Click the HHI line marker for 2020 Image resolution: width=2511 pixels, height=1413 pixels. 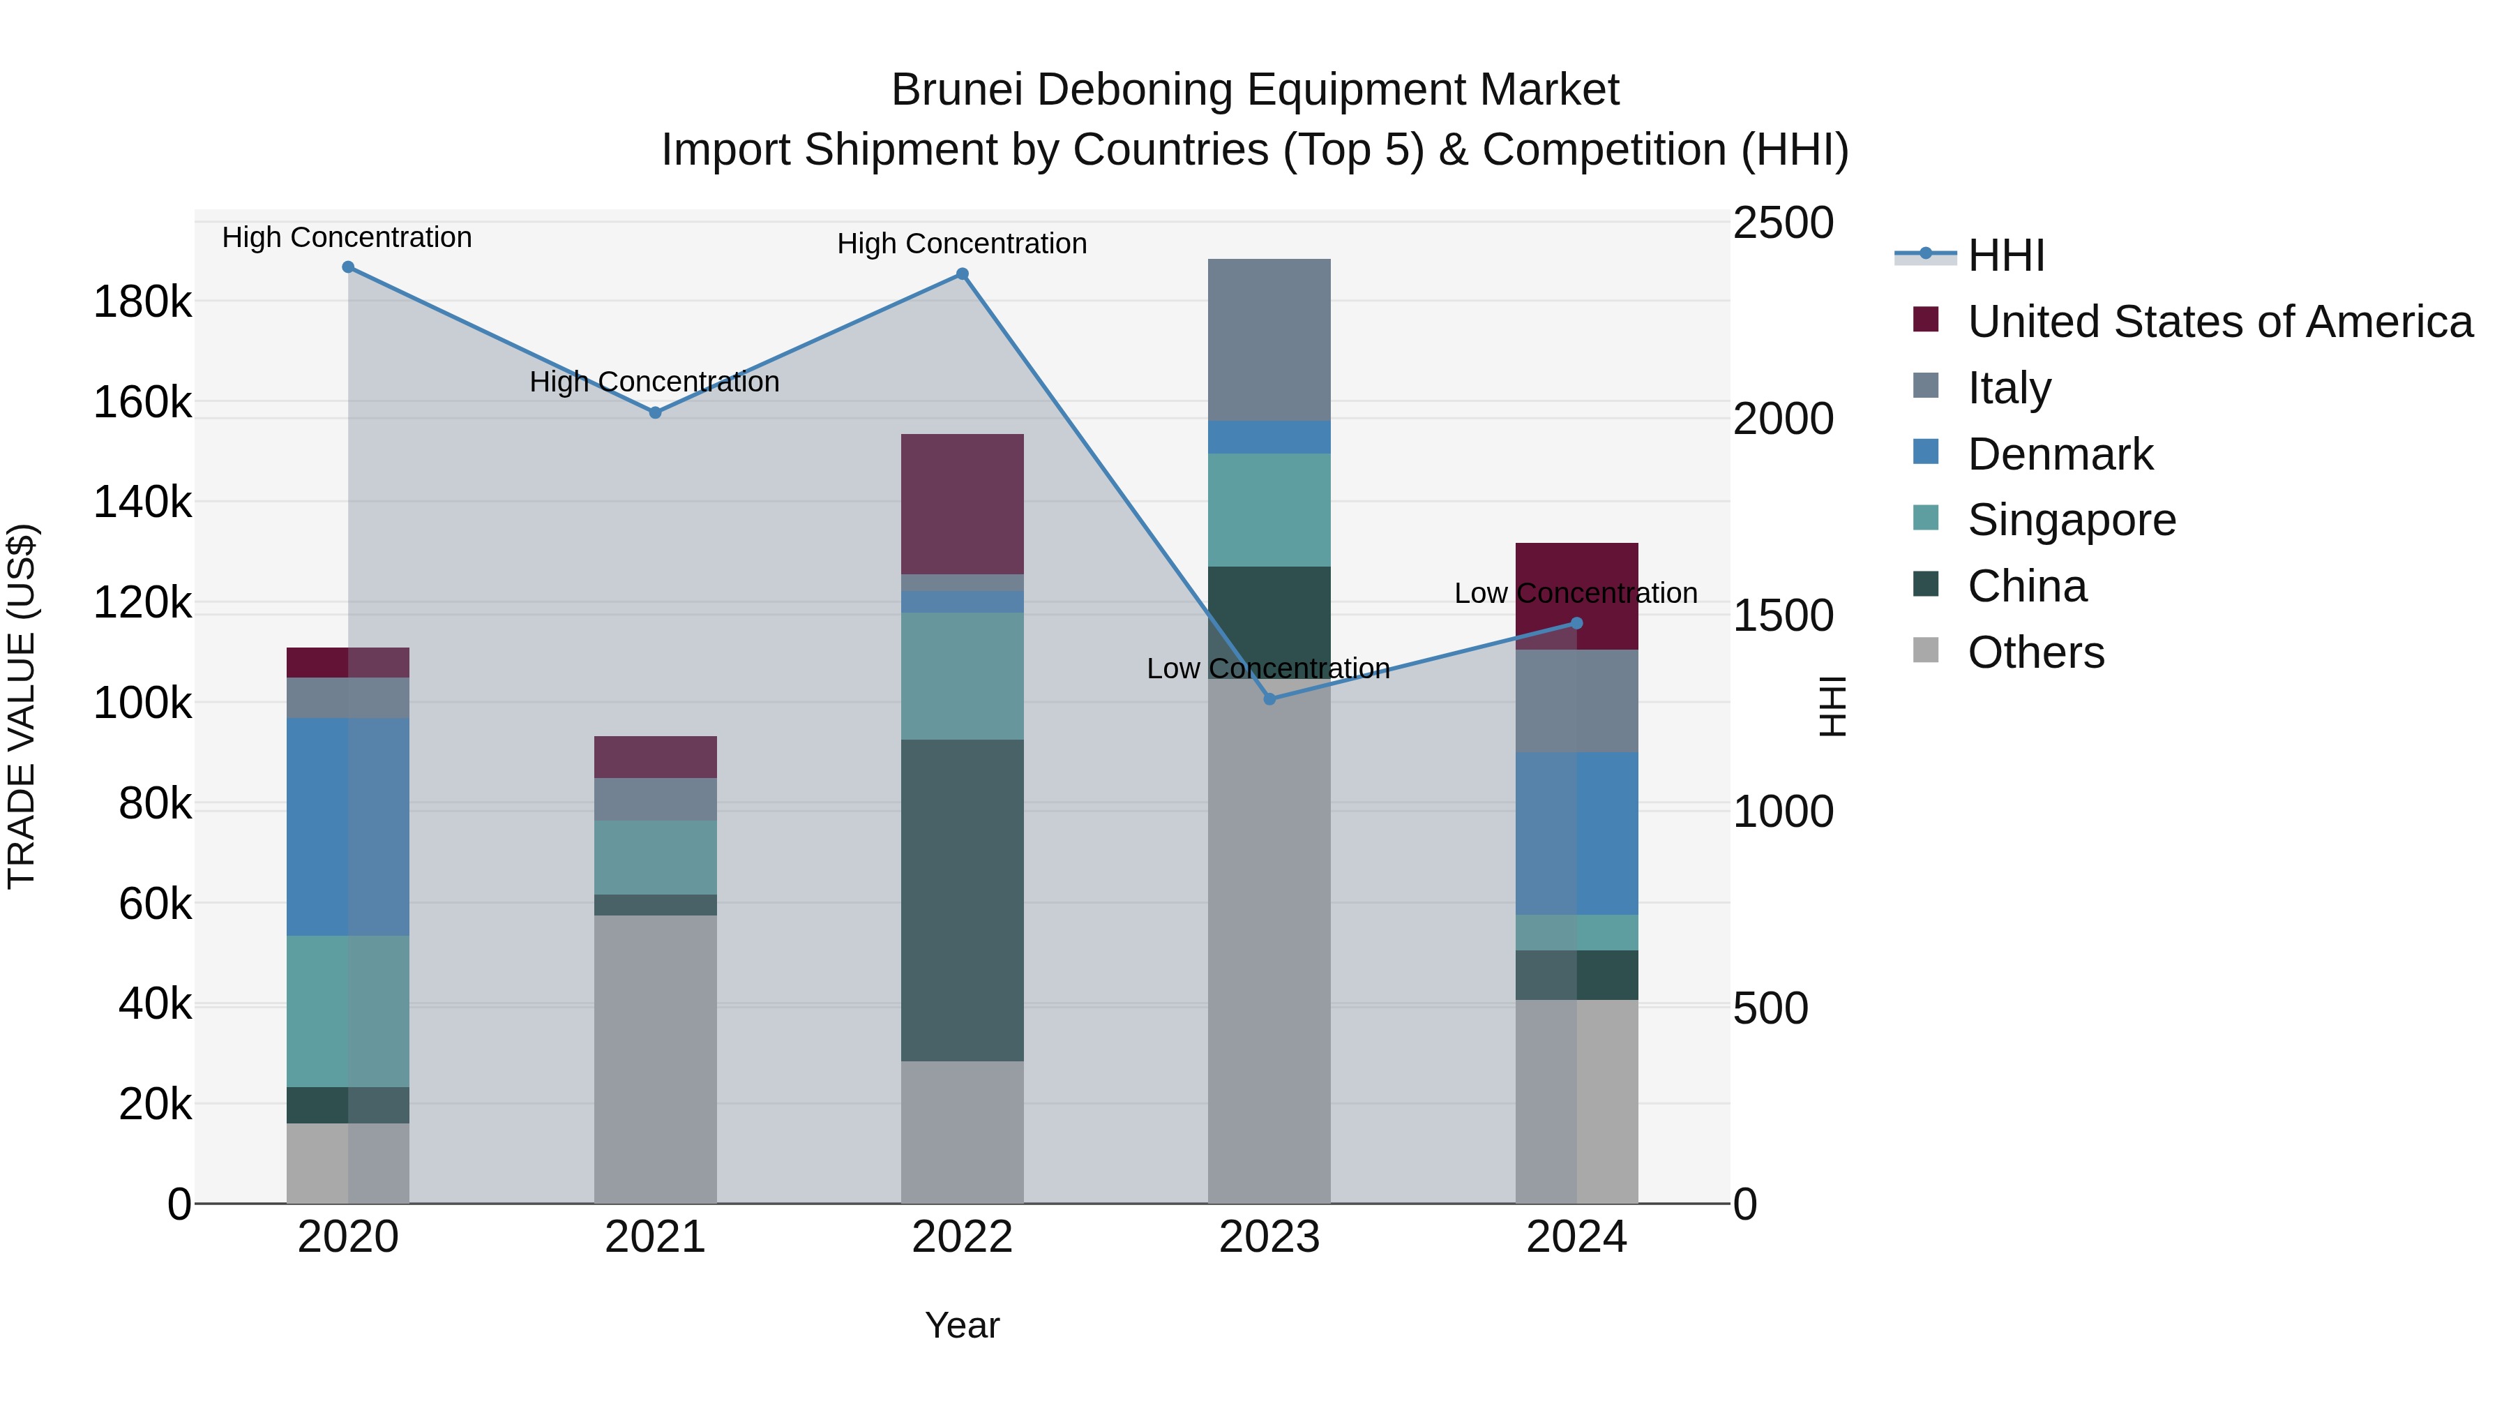(x=348, y=267)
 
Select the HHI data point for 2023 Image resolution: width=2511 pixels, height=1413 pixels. (x=1269, y=699)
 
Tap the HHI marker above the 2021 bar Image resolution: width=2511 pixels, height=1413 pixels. (x=655, y=412)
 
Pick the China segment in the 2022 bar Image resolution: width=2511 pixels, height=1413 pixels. (x=962, y=899)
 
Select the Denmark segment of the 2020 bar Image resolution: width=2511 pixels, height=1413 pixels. (x=348, y=826)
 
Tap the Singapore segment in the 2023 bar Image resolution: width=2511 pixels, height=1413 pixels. (x=1269, y=509)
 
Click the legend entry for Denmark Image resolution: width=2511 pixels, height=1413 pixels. (x=2060, y=454)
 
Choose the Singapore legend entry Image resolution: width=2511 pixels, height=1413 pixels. (x=2072, y=520)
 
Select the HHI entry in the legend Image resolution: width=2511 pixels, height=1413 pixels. (x=2005, y=255)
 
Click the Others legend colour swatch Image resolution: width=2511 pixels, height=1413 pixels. (x=1926, y=650)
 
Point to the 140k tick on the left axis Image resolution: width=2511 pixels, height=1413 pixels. (x=142, y=503)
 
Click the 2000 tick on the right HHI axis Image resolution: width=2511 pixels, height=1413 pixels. (x=1783, y=419)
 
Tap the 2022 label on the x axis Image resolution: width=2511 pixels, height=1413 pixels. (x=962, y=1237)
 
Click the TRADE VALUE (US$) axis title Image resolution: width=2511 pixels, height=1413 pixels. (x=22, y=706)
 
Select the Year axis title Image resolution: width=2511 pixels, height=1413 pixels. (x=962, y=1325)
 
